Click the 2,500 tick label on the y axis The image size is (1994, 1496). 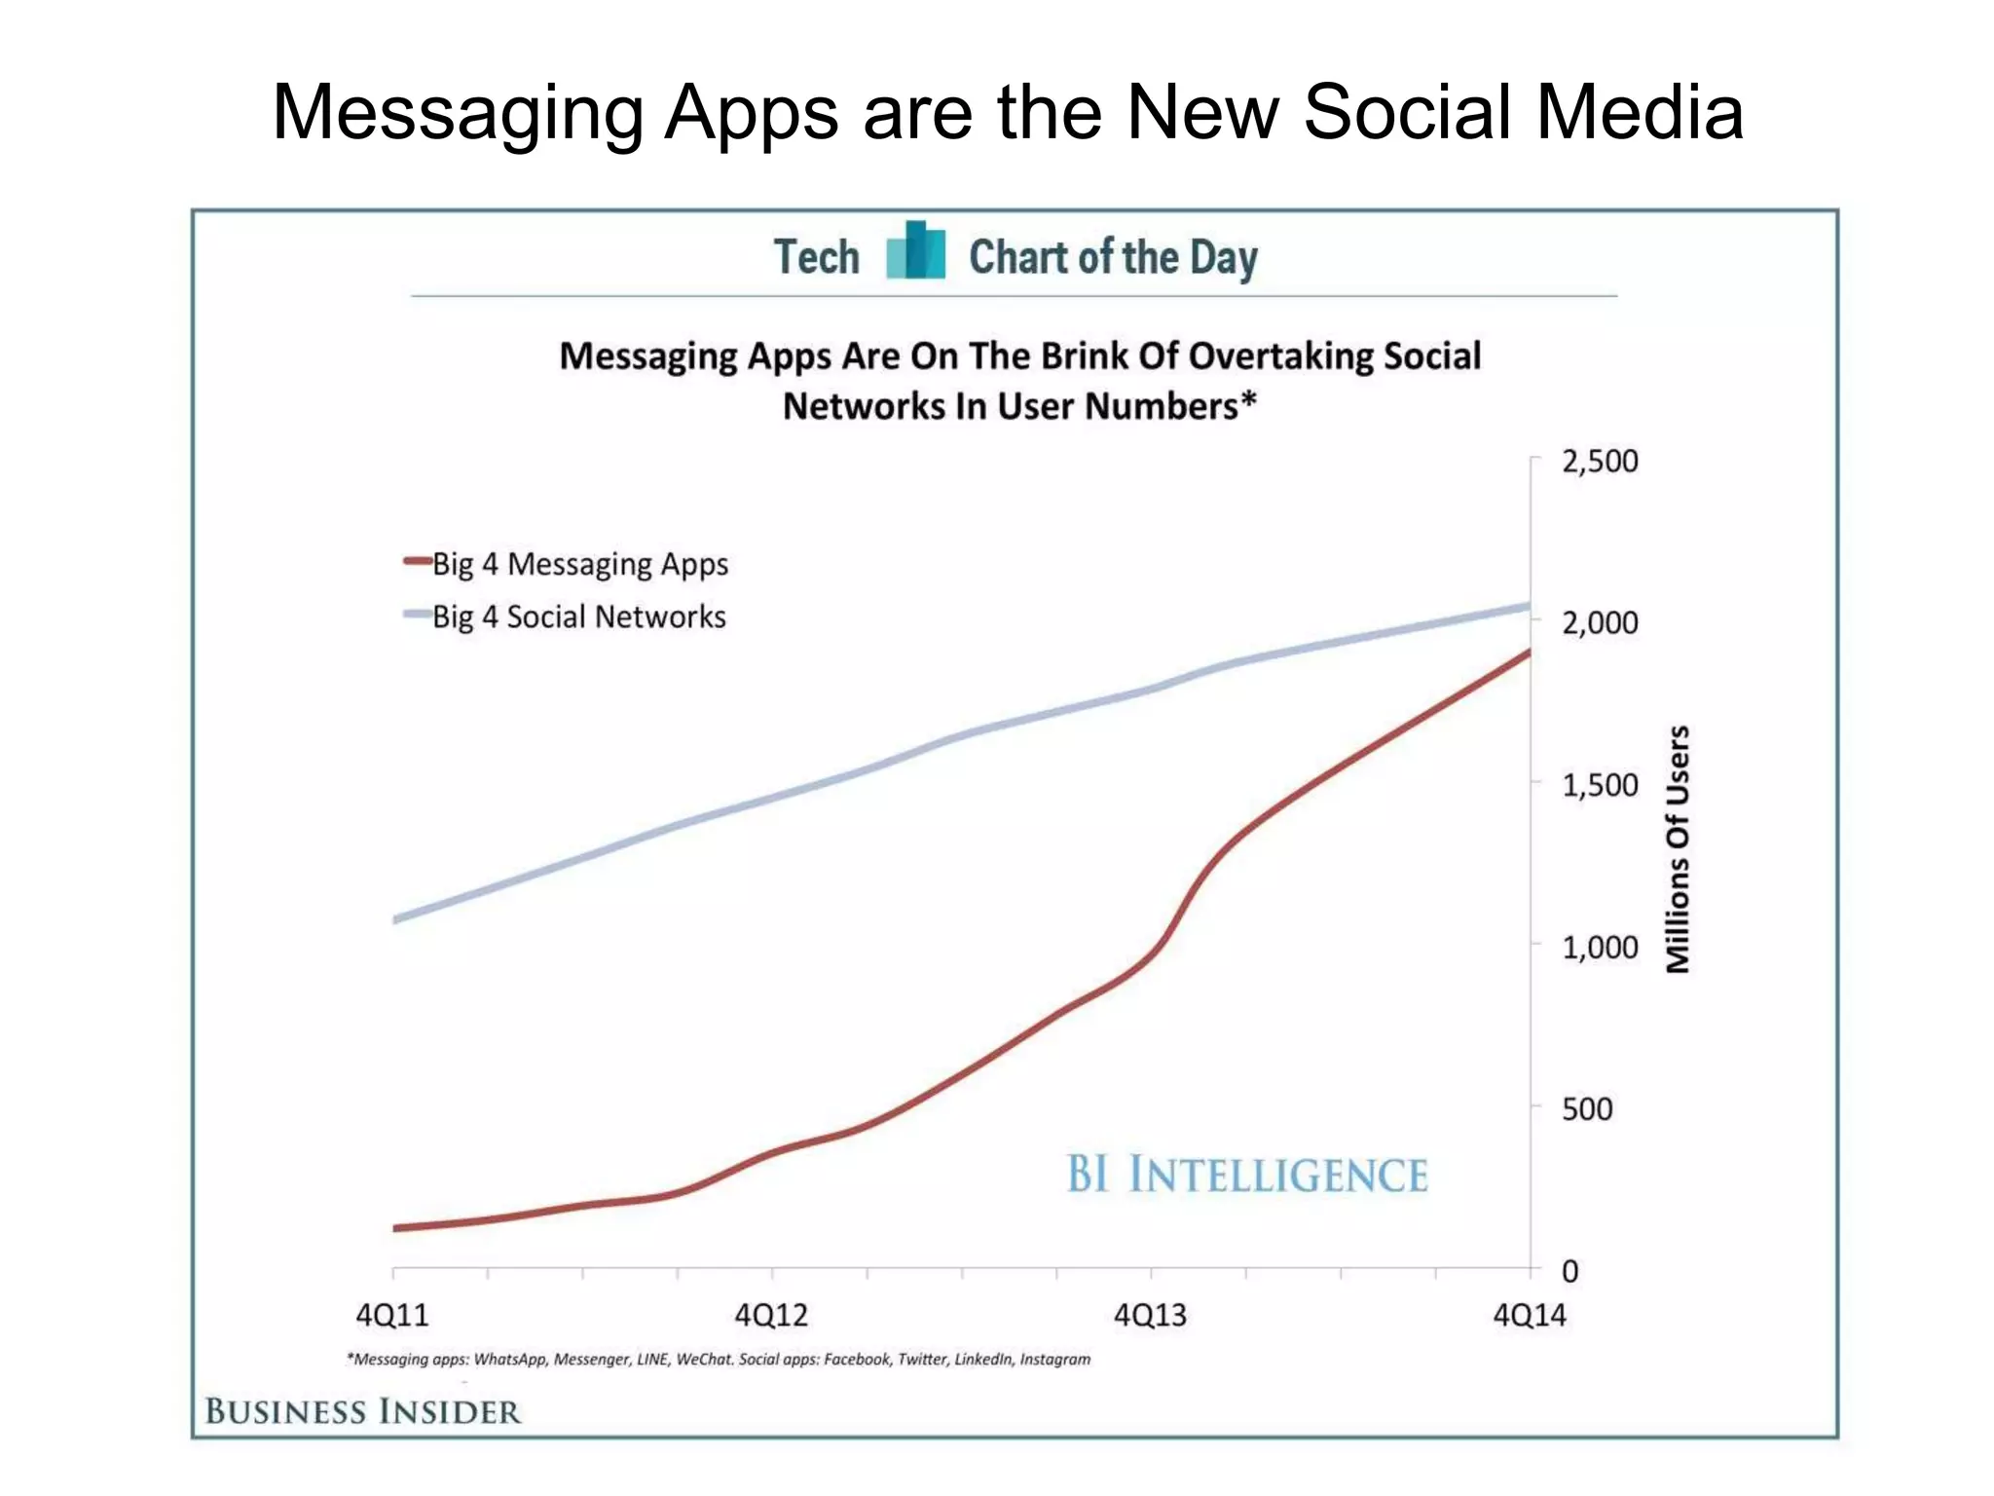(x=1600, y=461)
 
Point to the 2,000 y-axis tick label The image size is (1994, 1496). (x=1600, y=622)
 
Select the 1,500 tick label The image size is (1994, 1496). (x=1600, y=785)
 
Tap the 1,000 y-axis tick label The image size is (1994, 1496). (x=1600, y=947)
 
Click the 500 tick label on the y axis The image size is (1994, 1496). (x=1587, y=1108)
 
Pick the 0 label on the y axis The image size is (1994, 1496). (x=1569, y=1271)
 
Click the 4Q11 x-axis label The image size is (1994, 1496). (x=392, y=1316)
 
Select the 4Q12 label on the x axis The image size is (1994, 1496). (x=771, y=1316)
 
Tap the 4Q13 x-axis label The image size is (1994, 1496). (x=1150, y=1316)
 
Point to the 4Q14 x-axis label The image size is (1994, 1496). (x=1530, y=1316)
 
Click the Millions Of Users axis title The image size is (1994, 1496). (x=1678, y=849)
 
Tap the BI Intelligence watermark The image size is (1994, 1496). (x=1247, y=1175)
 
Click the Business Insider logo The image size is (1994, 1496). (x=363, y=1411)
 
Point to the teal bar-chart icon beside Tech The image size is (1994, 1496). (x=915, y=251)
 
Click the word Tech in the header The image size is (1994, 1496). (x=817, y=257)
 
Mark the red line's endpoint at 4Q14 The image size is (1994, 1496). (x=1529, y=652)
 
